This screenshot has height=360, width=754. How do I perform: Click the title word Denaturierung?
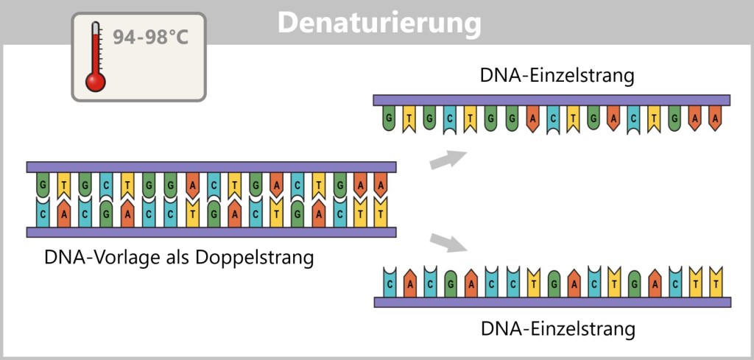pos(379,22)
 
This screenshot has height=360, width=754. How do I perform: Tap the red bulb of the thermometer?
pos(96,80)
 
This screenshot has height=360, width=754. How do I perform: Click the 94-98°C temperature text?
pos(150,36)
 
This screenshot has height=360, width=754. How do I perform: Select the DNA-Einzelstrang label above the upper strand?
pos(557,76)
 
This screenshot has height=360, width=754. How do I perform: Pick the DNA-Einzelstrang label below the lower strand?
pos(557,328)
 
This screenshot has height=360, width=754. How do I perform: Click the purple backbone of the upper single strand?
pos(552,100)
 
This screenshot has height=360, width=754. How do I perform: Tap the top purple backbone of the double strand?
pos(211,167)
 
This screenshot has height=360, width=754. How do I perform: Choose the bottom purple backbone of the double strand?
pos(211,232)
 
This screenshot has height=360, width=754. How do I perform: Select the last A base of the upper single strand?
pos(713,119)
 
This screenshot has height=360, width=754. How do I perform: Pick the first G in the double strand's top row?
pos(44,185)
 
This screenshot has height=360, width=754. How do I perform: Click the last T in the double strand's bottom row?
pos(380,214)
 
